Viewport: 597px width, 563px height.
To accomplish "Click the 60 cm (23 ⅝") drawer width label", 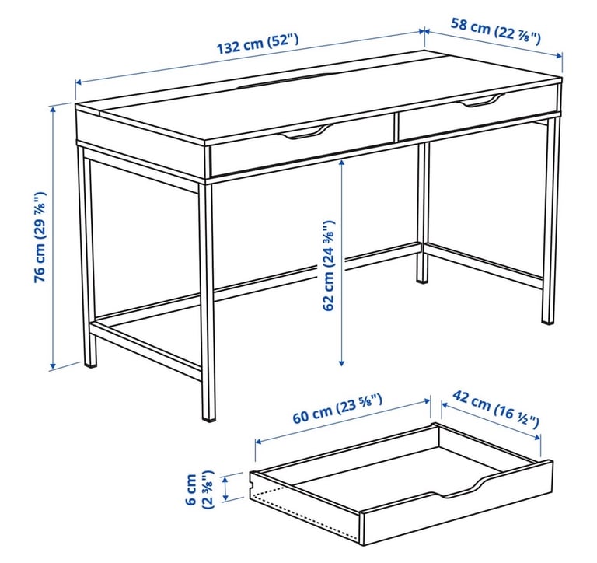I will [x=337, y=410].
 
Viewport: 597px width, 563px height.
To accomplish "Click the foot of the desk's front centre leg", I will [x=208, y=415].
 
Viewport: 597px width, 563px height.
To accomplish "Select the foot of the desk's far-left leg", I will [x=91, y=361].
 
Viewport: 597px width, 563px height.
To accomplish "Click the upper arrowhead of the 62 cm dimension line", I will [x=341, y=163].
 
